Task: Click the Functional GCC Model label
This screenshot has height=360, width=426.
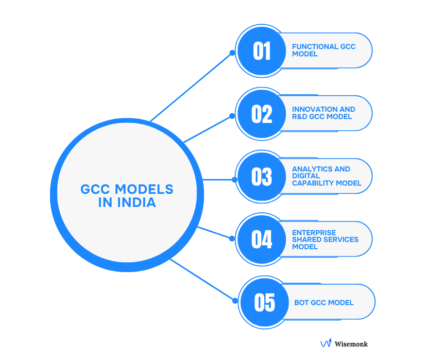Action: click(x=324, y=50)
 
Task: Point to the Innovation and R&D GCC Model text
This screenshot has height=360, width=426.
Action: click(x=324, y=113)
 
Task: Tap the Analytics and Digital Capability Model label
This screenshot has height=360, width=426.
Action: click(x=326, y=176)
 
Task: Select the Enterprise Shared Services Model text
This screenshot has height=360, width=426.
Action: click(x=325, y=240)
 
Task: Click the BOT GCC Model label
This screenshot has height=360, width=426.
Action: click(x=324, y=303)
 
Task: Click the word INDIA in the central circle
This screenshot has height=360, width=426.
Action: click(x=136, y=202)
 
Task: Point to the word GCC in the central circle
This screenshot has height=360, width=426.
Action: click(x=96, y=189)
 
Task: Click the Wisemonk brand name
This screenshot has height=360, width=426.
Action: click(x=351, y=344)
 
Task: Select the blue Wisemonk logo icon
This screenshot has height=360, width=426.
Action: click(x=325, y=343)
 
